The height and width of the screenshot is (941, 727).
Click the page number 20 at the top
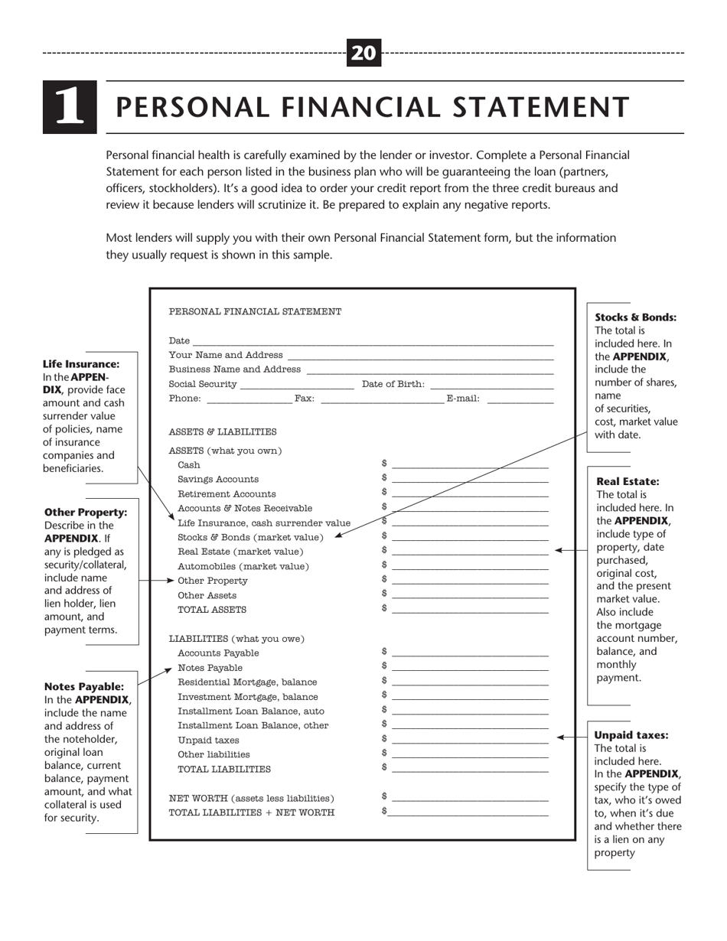coord(364,53)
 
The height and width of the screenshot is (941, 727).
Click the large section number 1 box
coord(70,107)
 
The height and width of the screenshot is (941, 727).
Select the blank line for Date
coord(373,341)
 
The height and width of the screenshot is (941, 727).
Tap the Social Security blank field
coord(297,385)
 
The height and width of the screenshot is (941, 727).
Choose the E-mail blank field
coord(520,399)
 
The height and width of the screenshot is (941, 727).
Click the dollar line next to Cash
coord(470,465)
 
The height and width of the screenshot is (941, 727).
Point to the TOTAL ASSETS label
coord(212,610)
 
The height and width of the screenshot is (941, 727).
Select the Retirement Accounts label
coord(227,494)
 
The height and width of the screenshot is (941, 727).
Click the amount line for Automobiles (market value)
coord(470,567)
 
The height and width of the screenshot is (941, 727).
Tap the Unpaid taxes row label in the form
coord(208,741)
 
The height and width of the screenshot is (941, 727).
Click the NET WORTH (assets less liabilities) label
coord(252,798)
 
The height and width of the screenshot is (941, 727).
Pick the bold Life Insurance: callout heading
coord(81,364)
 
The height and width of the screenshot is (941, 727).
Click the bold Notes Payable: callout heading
coord(84,686)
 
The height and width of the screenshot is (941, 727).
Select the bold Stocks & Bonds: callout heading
coord(636,317)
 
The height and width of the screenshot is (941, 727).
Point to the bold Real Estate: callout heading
coord(628,481)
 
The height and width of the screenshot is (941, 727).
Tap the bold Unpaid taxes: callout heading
coord(631,735)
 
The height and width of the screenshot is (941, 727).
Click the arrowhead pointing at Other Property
coord(171,581)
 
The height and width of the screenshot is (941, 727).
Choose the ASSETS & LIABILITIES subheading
coord(223,432)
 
